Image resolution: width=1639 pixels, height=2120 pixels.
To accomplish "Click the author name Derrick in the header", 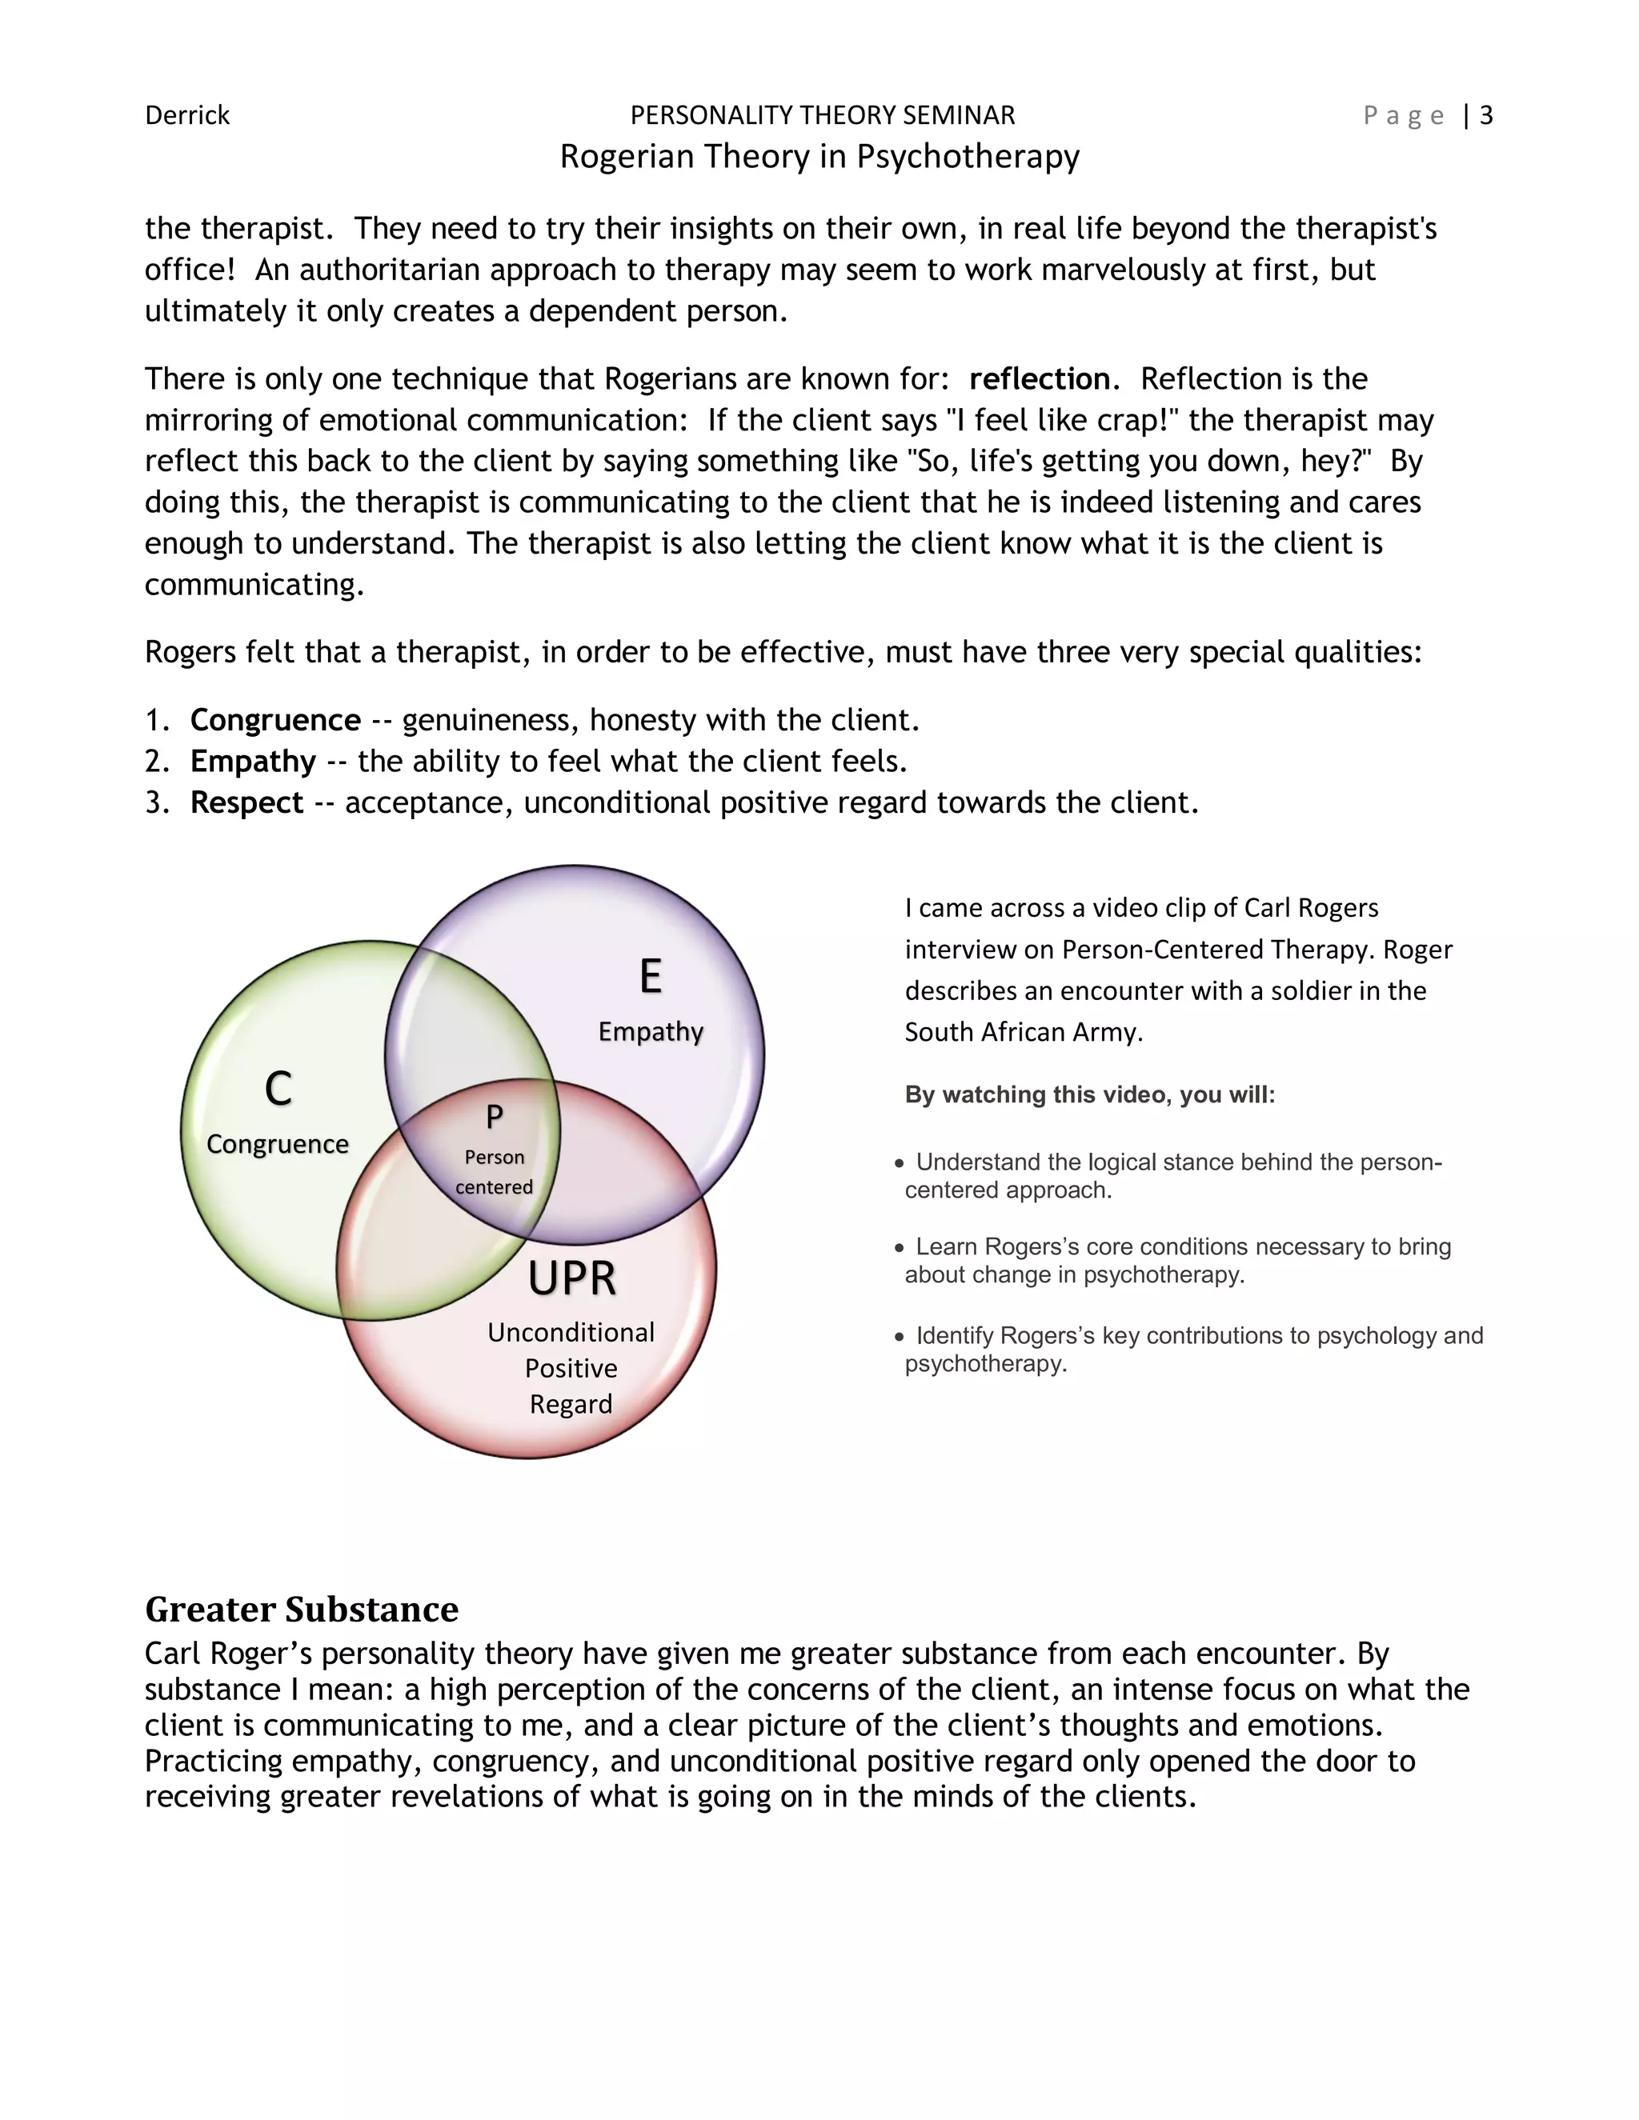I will [x=187, y=115].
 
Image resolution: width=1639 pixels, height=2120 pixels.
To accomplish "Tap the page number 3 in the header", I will [x=1485, y=115].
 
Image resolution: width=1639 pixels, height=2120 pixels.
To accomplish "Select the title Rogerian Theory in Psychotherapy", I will [x=819, y=156].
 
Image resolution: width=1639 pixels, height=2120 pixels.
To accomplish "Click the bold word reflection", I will [x=1040, y=378].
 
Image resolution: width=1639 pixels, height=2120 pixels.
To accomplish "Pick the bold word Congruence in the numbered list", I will [x=276, y=720].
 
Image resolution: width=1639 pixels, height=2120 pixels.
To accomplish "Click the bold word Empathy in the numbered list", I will [x=254, y=762].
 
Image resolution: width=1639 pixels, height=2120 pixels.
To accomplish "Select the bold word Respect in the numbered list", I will [x=246, y=802].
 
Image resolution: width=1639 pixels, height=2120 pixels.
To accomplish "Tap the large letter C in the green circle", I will [x=278, y=1088].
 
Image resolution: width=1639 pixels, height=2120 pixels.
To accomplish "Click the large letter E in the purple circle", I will [x=651, y=977].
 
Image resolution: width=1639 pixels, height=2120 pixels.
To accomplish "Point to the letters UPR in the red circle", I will [x=572, y=1278].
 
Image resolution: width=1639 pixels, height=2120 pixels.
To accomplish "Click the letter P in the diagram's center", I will [x=495, y=1118].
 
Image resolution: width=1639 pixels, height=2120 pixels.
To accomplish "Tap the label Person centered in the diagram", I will [x=495, y=1172].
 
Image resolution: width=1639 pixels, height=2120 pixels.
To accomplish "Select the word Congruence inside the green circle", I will [x=278, y=1145].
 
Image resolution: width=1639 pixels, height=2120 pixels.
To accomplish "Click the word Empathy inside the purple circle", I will [x=651, y=1032].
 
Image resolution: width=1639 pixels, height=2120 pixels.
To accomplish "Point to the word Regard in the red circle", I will [x=571, y=1405].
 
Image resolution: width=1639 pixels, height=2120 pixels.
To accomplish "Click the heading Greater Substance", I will [x=302, y=1610].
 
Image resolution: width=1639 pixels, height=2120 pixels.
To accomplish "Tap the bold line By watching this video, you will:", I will [x=1089, y=1095].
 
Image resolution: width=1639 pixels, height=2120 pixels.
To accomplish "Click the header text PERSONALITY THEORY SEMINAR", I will [x=823, y=115].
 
